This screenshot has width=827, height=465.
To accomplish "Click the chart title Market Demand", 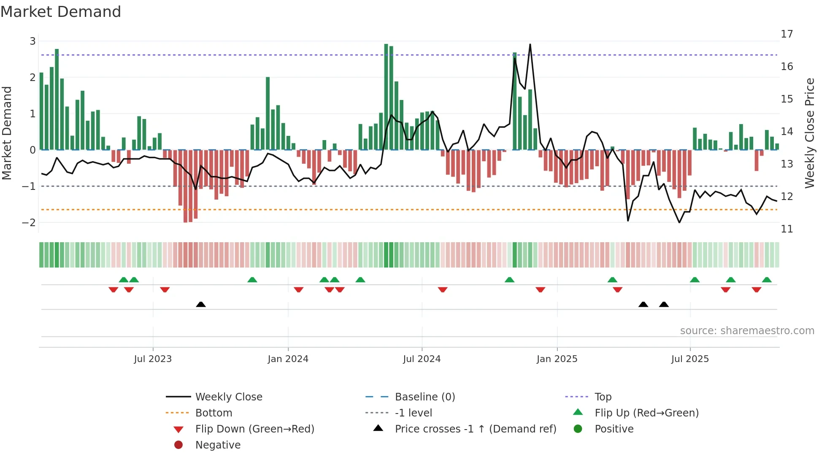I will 61,12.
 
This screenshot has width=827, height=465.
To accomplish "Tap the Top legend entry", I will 603,397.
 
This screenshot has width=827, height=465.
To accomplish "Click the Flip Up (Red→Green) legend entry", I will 646,413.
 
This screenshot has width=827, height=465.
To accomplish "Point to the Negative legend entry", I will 218,445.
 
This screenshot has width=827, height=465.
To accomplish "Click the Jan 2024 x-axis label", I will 288,359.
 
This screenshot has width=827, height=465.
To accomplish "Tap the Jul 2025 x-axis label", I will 690,359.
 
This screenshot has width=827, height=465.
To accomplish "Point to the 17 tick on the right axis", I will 786,34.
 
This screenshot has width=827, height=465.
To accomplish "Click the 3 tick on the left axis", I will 32,41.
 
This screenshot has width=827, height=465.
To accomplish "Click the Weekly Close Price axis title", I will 809,133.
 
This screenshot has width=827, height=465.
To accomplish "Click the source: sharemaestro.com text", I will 747,330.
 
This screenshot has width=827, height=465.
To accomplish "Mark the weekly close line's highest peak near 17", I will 530,45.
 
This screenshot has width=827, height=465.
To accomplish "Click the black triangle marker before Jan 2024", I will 201,304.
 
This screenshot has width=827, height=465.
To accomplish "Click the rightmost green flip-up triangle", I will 767,280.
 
